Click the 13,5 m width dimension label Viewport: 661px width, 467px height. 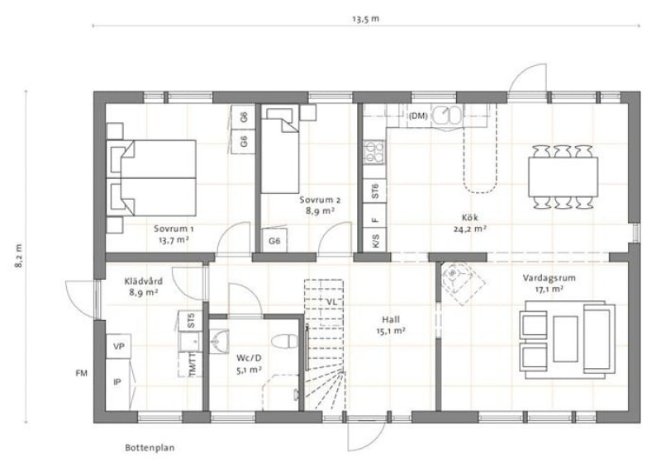pyautogui.click(x=365, y=19)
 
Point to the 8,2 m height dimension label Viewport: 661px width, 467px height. pyautogui.click(x=19, y=256)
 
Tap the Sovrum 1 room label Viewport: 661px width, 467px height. pyautogui.click(x=174, y=229)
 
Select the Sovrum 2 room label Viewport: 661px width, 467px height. pyautogui.click(x=320, y=200)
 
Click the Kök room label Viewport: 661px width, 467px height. pyautogui.click(x=469, y=218)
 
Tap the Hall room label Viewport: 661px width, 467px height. pyautogui.click(x=391, y=319)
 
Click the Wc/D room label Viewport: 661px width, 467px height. pyautogui.click(x=249, y=358)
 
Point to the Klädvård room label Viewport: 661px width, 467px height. pyautogui.click(x=144, y=281)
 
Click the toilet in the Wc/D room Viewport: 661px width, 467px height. pyautogui.click(x=284, y=341)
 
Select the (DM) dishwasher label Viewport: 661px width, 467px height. pyautogui.click(x=418, y=116)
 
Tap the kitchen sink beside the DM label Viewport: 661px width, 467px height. pyautogui.click(x=448, y=115)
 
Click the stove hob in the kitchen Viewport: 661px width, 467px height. pyautogui.click(x=374, y=152)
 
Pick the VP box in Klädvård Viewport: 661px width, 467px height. pyautogui.click(x=118, y=347)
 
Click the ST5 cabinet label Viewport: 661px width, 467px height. pyautogui.click(x=191, y=320)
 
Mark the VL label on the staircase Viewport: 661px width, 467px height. pyautogui.click(x=331, y=302)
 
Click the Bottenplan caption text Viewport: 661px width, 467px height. pyautogui.click(x=150, y=448)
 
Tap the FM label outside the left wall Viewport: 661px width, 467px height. pyautogui.click(x=81, y=373)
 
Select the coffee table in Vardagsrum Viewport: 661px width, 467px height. pyautogui.click(x=565, y=339)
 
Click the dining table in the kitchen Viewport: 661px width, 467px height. pyautogui.click(x=564, y=177)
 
